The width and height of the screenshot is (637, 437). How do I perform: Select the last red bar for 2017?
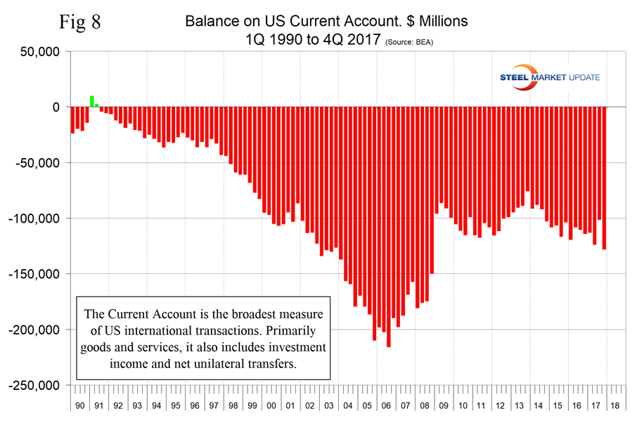[604, 178]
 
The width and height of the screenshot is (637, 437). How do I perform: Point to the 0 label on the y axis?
[59, 107]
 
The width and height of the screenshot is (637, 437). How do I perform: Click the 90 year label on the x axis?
[79, 405]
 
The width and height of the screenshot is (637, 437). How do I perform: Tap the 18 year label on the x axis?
[615, 405]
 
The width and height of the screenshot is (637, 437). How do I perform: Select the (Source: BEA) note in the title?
[411, 43]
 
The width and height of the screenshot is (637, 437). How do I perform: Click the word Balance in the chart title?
[211, 22]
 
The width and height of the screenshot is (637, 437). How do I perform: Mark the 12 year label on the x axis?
[500, 405]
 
